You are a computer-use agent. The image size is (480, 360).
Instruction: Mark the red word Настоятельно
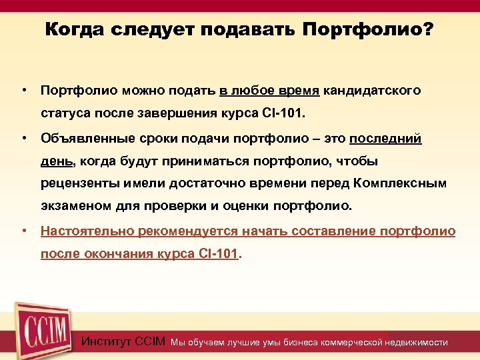coord(87,231)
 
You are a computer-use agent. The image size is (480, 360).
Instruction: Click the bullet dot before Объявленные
coord(23,138)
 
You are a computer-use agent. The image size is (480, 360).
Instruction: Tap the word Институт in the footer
coord(106,342)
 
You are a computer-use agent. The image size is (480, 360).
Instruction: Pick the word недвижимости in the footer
coord(417,343)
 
